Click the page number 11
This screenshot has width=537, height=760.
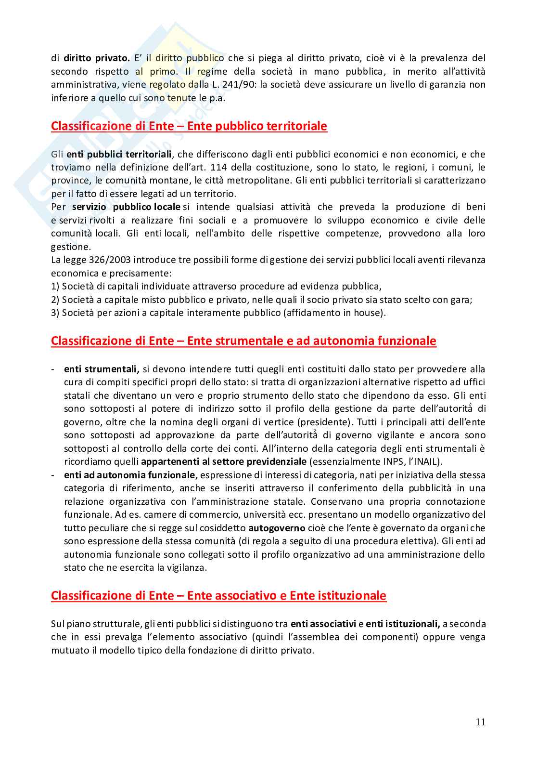pyautogui.click(x=480, y=721)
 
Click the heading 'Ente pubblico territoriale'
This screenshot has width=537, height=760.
pyautogui.click(x=189, y=126)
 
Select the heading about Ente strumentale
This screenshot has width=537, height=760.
pyautogui.click(x=243, y=341)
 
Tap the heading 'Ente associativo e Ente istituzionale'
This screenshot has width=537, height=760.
pyautogui.click(x=218, y=596)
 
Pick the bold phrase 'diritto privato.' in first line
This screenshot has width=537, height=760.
pyautogui.click(x=97, y=58)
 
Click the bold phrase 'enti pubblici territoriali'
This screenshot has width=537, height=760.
pyautogui.click(x=119, y=155)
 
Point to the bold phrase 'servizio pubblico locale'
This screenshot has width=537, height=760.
pyautogui.click(x=126, y=207)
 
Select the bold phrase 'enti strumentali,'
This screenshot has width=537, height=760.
pyautogui.click(x=102, y=369)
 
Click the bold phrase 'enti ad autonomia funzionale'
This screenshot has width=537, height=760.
pyautogui.click(x=129, y=475)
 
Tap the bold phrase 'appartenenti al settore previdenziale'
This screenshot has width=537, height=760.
pyautogui.click(x=224, y=461)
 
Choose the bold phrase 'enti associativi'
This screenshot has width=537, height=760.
pyautogui.click(x=323, y=624)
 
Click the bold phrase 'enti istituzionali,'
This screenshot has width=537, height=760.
pyautogui.click(x=403, y=624)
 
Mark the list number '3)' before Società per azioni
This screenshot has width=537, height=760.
pyautogui.click(x=55, y=313)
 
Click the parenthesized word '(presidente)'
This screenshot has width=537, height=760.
pyautogui.click(x=326, y=422)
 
